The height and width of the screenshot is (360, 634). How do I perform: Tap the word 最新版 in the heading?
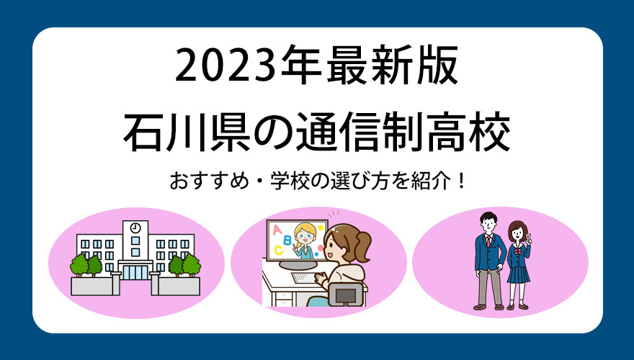pos(392,65)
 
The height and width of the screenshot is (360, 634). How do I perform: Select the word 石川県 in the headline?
pos(187,133)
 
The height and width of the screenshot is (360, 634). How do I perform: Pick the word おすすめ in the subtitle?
pos(210,181)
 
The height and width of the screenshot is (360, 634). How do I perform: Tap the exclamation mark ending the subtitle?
pos(462,181)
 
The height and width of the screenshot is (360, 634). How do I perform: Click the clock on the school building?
pos(135,228)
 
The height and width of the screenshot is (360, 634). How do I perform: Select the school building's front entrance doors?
pos(135,272)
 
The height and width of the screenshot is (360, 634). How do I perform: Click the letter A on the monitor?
pos(277,230)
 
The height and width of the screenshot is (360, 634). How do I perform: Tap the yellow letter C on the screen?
pos(279,251)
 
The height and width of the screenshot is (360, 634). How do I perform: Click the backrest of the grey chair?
pos(346,294)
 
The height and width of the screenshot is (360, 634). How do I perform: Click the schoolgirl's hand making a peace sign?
pos(527,239)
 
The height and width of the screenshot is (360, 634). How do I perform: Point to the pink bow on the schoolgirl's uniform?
pos(517,251)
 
